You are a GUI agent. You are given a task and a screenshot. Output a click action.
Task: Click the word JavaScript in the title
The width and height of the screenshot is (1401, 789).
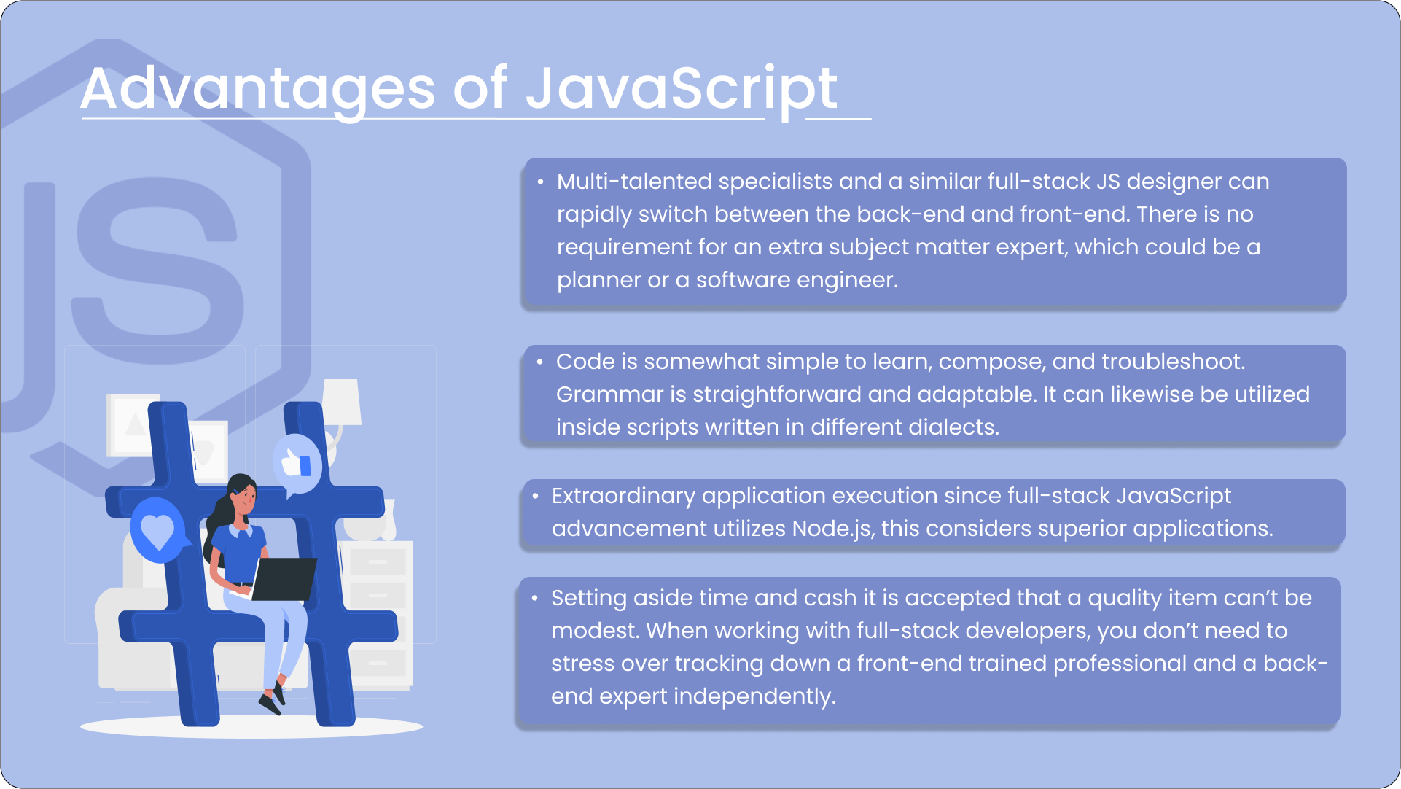tap(682, 90)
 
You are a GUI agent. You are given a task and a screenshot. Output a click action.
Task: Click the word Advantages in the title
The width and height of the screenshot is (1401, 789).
tap(258, 89)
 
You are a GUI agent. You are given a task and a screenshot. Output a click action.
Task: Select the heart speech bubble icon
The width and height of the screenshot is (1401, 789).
tap(157, 530)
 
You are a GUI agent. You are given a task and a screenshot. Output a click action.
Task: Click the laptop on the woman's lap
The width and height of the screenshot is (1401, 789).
tap(283, 579)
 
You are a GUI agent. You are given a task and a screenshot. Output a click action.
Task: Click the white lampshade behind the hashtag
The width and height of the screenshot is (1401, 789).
tap(342, 402)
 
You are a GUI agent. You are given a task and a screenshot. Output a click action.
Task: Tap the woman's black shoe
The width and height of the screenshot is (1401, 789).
tap(270, 704)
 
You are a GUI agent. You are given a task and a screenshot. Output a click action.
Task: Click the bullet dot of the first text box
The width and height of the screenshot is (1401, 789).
tap(540, 182)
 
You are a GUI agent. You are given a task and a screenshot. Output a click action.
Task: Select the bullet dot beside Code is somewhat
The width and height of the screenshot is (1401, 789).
tap(539, 362)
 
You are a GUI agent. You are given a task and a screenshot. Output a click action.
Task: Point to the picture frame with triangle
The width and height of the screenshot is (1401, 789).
tap(132, 426)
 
